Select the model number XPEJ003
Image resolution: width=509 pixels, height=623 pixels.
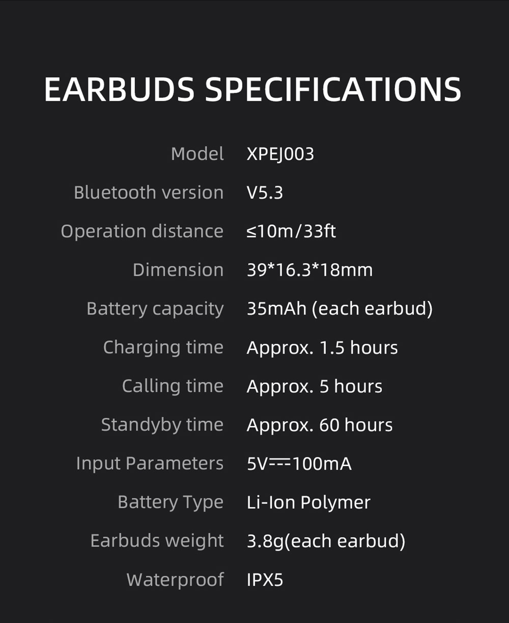(x=280, y=154)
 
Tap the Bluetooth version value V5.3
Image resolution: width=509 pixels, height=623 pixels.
(x=265, y=193)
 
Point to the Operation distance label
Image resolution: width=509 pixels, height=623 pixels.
(x=142, y=231)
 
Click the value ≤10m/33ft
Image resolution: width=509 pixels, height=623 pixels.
(x=291, y=231)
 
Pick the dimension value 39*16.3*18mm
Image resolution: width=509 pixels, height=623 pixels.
(x=309, y=270)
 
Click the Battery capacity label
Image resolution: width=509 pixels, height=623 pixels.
(x=155, y=309)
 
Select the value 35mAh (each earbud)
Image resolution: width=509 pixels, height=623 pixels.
(x=340, y=309)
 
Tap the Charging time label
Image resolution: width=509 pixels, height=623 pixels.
(x=163, y=347)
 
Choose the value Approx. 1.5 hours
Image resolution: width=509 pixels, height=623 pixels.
(x=322, y=347)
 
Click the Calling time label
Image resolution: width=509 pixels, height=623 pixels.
(x=173, y=386)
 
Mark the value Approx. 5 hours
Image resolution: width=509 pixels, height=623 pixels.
(x=314, y=386)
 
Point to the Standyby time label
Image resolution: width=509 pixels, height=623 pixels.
(x=162, y=425)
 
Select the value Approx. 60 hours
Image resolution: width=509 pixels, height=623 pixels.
(x=320, y=425)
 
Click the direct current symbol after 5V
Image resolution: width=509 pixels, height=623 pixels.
(x=279, y=463)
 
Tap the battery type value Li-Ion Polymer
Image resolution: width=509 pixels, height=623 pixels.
(x=308, y=502)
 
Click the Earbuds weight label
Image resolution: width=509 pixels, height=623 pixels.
(x=157, y=540)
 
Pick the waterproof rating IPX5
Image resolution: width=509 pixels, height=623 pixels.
(x=265, y=580)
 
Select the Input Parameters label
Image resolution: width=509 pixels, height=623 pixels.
(x=150, y=464)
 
